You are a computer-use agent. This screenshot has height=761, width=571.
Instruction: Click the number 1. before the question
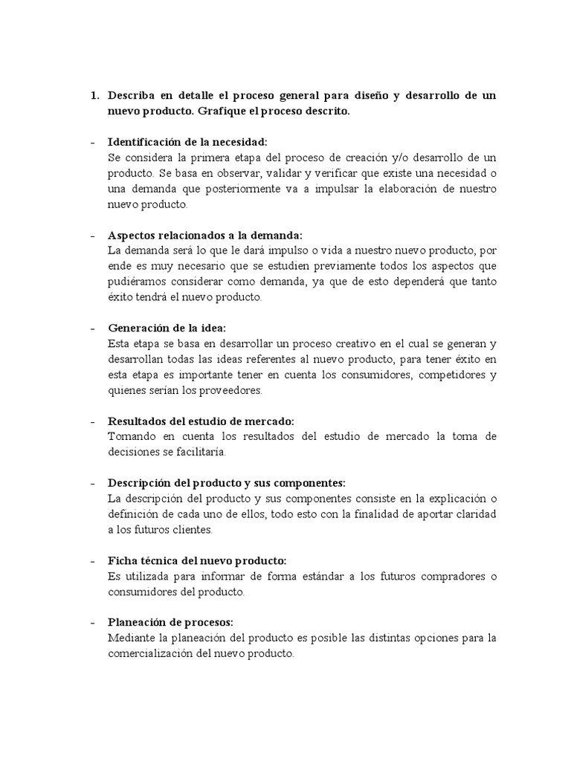94,96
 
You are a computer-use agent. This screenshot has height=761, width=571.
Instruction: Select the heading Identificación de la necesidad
187,142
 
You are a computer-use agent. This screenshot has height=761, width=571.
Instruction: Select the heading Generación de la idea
167,328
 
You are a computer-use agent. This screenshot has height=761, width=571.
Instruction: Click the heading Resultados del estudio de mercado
201,421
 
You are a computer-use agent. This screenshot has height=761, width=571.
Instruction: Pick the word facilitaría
198,452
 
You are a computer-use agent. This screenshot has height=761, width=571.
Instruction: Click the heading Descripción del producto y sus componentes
226,482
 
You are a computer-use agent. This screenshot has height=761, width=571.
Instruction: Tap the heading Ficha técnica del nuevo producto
196,560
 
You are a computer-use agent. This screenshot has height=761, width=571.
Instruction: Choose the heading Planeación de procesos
171,623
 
